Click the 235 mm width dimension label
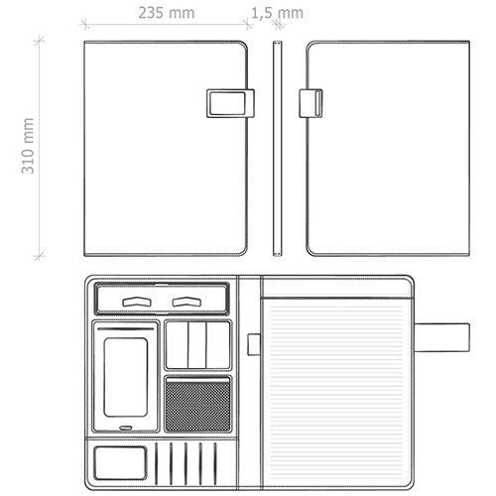click(167, 13)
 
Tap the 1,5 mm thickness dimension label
click(277, 13)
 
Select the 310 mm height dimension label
click(28, 146)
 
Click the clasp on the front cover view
click(230, 103)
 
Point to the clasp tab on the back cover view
click(310, 103)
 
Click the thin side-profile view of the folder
click(278, 149)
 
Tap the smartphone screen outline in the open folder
click(126, 377)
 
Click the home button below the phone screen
click(126, 428)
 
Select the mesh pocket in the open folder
click(197, 404)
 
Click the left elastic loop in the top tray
click(137, 302)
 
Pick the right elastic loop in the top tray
click(186, 302)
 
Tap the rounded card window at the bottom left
click(120, 463)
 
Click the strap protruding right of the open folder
click(441, 337)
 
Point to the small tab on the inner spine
click(254, 344)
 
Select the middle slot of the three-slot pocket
click(197, 345)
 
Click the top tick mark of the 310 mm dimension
click(40, 41)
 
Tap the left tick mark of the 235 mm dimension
click(85, 24)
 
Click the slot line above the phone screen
click(126, 329)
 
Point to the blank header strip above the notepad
click(336, 288)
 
